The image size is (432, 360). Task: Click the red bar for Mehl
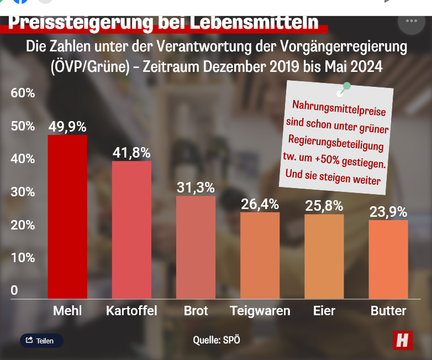[x=67, y=217]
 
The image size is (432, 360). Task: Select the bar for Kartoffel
[x=131, y=229]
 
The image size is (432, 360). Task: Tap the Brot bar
[x=196, y=247]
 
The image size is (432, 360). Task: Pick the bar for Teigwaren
[x=260, y=255]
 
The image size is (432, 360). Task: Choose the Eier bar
[x=324, y=257]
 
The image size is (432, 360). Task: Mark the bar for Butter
[x=388, y=259]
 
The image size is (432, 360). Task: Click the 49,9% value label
[x=67, y=127]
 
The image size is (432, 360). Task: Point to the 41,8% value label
[x=131, y=153]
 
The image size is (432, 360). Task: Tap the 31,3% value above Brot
[x=196, y=187]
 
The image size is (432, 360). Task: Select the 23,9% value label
[x=388, y=212]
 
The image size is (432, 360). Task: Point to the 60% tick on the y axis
[x=23, y=93]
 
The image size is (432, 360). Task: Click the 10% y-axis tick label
[x=23, y=258]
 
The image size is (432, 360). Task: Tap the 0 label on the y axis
[x=14, y=290]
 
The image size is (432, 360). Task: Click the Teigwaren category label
[x=260, y=311]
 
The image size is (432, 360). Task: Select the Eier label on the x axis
[x=324, y=311]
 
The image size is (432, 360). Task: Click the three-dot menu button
[x=411, y=20]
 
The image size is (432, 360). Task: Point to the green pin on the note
[x=346, y=87]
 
